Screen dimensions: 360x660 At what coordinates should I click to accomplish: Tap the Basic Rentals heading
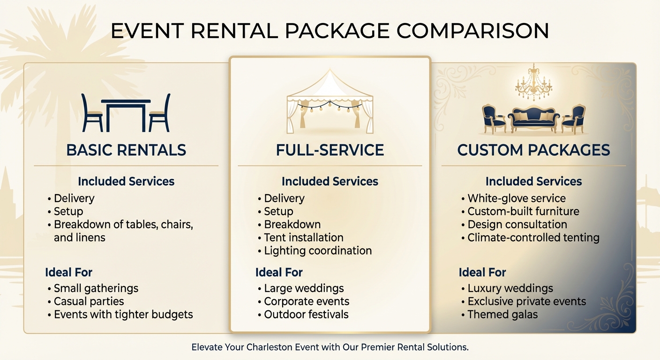pos(126,150)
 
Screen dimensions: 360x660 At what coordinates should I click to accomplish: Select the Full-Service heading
pos(330,150)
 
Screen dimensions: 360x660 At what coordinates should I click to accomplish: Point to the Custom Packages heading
pos(533,150)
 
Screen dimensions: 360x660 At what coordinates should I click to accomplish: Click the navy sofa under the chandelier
pos(533,118)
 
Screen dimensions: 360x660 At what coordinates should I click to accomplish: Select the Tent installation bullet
pos(303,238)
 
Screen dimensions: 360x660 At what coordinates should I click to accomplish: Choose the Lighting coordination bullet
pos(317,251)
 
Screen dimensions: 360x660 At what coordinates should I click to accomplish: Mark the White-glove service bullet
pos(516,198)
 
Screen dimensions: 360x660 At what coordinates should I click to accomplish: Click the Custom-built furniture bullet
pos(523,211)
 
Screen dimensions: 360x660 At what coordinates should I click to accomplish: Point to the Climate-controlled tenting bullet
pos(533,238)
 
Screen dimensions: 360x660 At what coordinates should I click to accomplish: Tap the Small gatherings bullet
pos(96,288)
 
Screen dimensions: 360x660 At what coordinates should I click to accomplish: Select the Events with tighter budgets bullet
pos(123,315)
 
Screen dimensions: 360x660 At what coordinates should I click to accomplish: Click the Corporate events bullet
pos(307,301)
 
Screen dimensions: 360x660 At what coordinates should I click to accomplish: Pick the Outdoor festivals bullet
pos(306,315)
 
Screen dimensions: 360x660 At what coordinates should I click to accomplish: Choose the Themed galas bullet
pos(502,315)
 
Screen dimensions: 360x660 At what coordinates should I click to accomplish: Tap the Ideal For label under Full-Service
pos(279,272)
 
